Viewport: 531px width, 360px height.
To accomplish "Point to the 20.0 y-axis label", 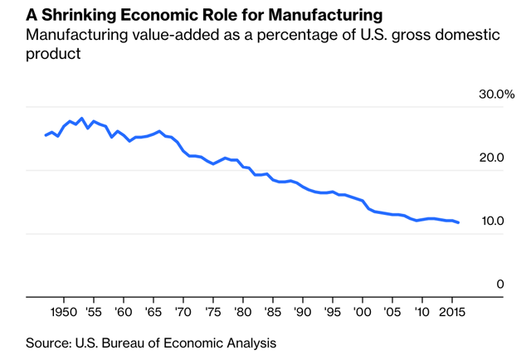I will pos(490,158).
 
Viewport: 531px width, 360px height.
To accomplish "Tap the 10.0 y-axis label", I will pos(490,221).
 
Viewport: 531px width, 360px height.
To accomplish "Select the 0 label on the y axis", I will pos(500,284).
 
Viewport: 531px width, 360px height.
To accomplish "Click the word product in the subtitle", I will pos(53,54).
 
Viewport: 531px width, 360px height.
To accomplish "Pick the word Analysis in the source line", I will pos(249,342).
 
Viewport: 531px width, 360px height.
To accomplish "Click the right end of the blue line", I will pos(459,222).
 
